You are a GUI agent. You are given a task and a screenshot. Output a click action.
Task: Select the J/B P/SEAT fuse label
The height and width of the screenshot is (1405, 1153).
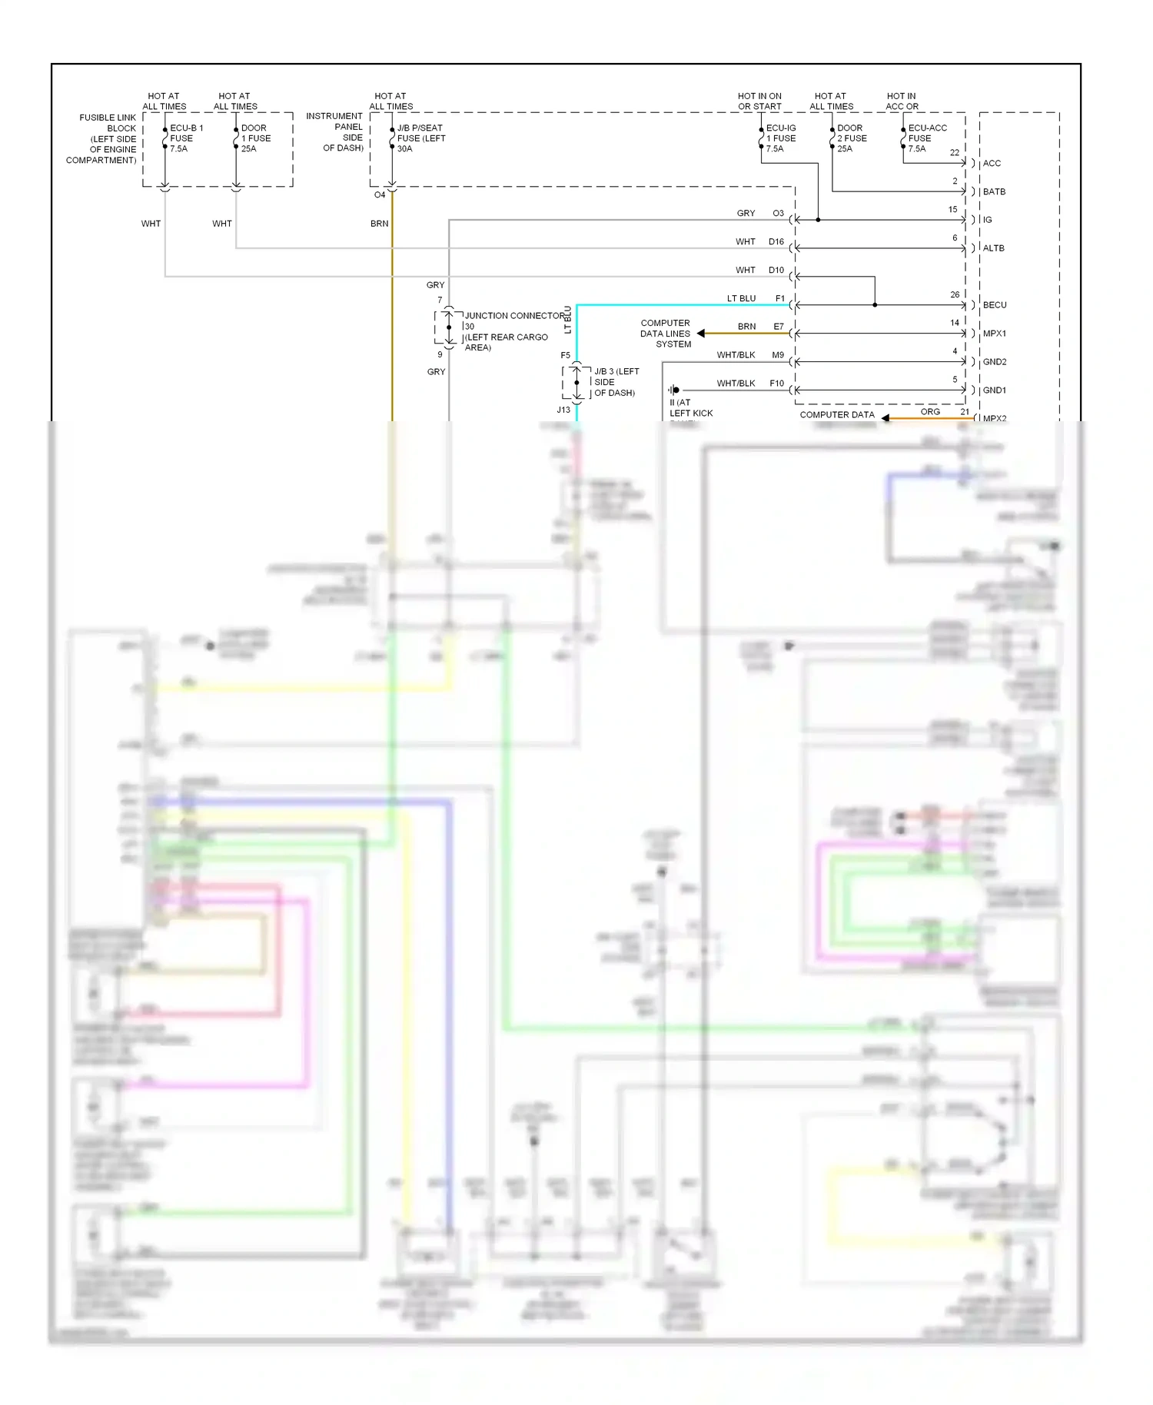pyautogui.click(x=420, y=138)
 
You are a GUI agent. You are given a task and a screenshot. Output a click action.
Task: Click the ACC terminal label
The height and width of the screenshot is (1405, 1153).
pyautogui.click(x=992, y=164)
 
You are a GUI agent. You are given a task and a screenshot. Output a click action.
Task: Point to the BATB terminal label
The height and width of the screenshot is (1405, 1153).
pyautogui.click(x=993, y=192)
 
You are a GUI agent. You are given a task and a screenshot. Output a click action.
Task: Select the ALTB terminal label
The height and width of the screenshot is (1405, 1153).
pyautogui.click(x=993, y=248)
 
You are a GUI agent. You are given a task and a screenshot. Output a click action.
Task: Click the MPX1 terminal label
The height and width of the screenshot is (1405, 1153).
pyautogui.click(x=994, y=334)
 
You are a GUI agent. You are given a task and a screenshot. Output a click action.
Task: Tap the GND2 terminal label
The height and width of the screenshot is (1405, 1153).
pyautogui.click(x=994, y=362)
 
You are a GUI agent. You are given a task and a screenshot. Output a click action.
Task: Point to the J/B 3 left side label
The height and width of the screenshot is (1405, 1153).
pyautogui.click(x=615, y=382)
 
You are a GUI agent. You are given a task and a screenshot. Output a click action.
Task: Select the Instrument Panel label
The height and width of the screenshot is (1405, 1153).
pyautogui.click(x=335, y=132)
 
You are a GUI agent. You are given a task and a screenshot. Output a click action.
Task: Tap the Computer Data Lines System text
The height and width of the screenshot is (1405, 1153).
pyautogui.click(x=666, y=334)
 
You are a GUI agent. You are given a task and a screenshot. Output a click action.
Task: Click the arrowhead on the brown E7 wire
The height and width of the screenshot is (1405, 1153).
pyautogui.click(x=701, y=334)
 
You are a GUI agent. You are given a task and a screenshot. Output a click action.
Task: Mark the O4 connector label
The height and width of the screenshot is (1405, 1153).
pyautogui.click(x=380, y=195)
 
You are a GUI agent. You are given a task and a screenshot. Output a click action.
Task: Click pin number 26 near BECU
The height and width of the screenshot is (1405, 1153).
pyautogui.click(x=954, y=295)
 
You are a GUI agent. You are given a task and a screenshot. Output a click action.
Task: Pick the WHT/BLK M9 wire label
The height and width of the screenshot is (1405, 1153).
pyautogui.click(x=736, y=355)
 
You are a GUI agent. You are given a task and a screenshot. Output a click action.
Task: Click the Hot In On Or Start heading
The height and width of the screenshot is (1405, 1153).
pyautogui.click(x=759, y=101)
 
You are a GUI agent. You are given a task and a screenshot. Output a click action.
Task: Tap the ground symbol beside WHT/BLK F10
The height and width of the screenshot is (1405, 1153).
pyautogui.click(x=673, y=390)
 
